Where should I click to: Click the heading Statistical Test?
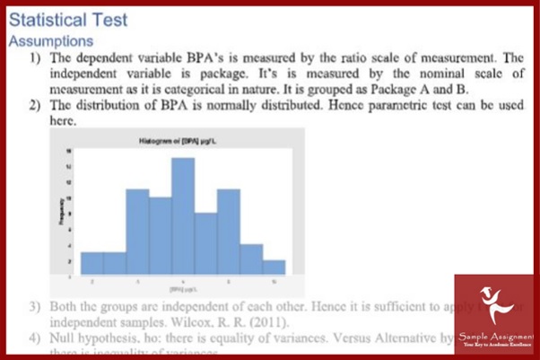tap(68, 20)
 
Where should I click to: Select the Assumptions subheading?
tap(50, 41)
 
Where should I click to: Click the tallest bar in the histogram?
tap(183, 215)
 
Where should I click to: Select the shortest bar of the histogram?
tap(274, 267)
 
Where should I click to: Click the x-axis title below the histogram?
tap(183, 288)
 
